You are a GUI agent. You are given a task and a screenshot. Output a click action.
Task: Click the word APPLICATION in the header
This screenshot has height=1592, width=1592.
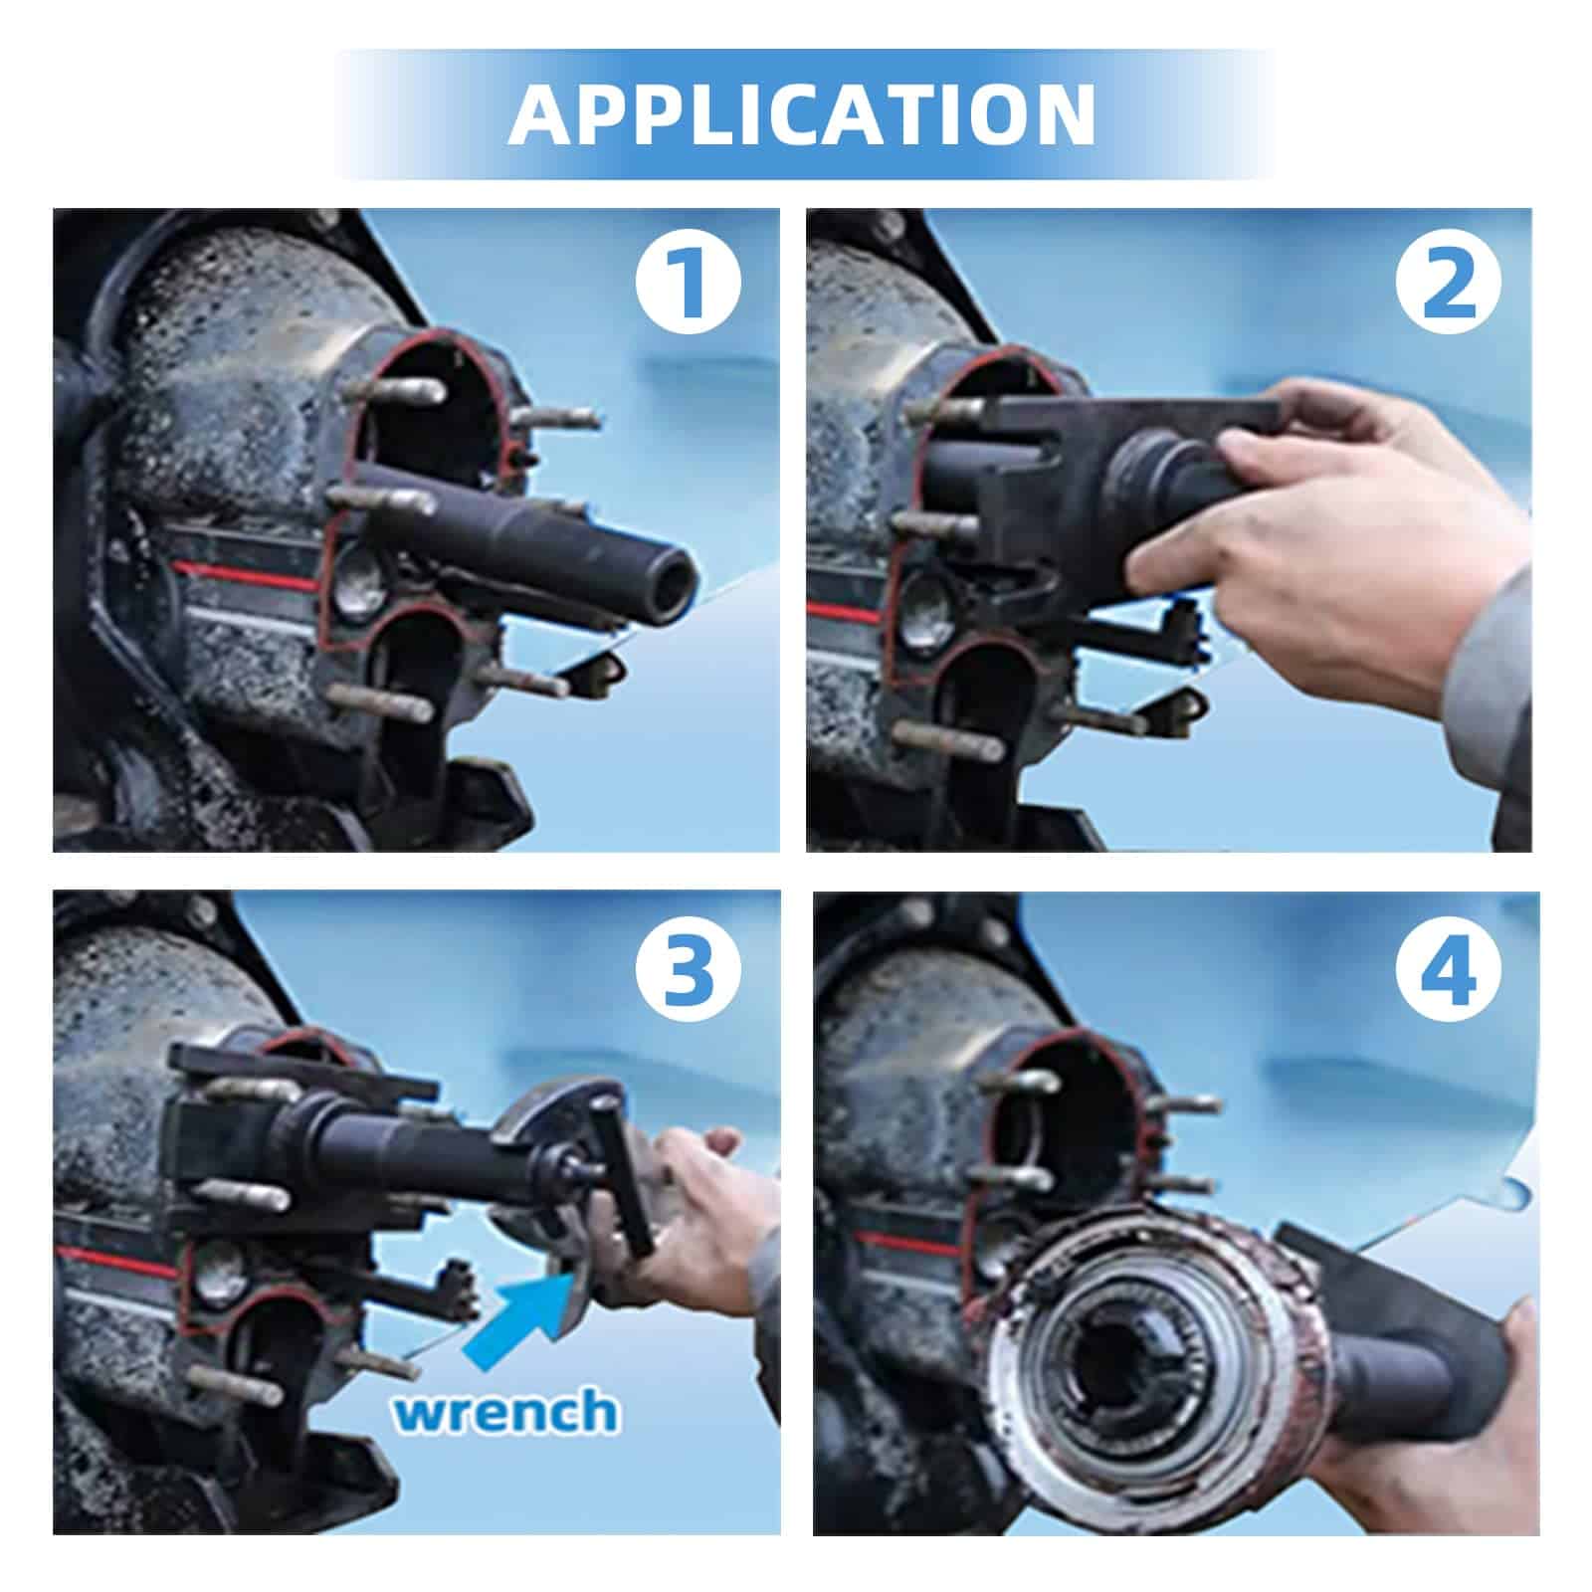pyautogui.click(x=802, y=115)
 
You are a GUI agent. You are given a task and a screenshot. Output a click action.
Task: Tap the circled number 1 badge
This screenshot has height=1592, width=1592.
pyautogui.click(x=690, y=282)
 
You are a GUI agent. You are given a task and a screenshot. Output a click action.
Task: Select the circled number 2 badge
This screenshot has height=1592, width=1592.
pyautogui.click(x=1448, y=282)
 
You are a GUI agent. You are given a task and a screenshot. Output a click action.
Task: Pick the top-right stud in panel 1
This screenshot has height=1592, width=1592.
pyautogui.click(x=557, y=419)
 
